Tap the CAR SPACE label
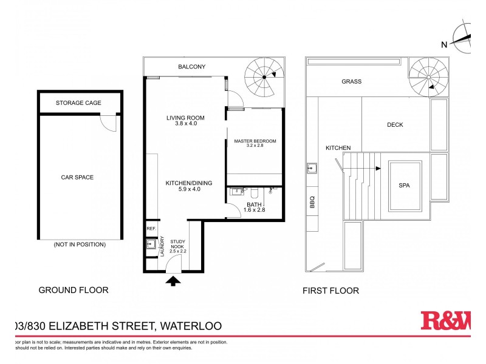(x=77, y=177)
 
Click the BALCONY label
(x=191, y=67)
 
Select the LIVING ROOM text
(x=185, y=121)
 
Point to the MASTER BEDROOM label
(x=255, y=144)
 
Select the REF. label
(x=151, y=229)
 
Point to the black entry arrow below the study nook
(x=173, y=280)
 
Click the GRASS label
(x=351, y=81)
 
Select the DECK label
(x=395, y=125)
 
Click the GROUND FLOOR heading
(x=74, y=290)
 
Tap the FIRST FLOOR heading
(x=330, y=291)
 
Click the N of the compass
(x=444, y=44)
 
